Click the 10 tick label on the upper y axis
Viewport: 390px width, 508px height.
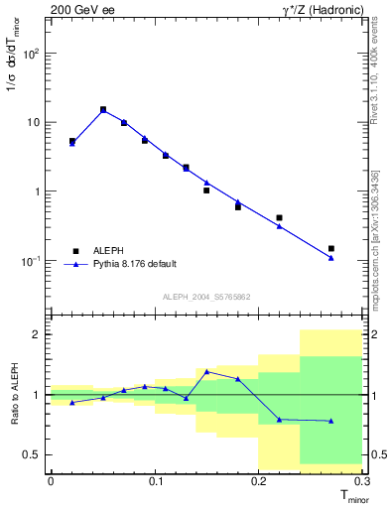34,122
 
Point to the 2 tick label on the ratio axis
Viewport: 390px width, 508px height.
37,335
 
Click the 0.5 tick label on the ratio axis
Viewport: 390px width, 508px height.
32,454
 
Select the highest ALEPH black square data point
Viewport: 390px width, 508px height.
103,110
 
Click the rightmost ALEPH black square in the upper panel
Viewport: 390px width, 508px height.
331,248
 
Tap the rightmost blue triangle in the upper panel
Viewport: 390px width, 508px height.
331,258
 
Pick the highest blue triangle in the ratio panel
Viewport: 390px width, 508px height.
206,372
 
